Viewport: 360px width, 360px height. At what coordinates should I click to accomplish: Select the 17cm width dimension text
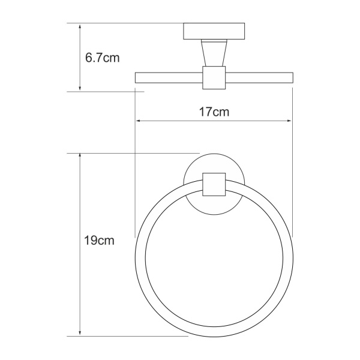(214, 112)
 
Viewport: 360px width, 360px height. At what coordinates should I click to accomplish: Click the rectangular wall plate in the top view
(214, 31)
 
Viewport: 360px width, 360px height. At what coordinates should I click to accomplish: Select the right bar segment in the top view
(259, 77)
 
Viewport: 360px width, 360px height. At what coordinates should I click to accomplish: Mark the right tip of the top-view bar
(292, 77)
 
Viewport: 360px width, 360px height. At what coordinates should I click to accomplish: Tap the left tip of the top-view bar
(136, 77)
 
